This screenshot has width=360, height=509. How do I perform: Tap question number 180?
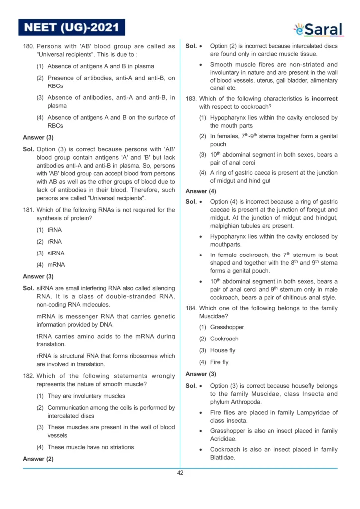(28, 46)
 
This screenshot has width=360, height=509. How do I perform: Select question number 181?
(28, 210)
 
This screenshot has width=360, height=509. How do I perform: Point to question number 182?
(28, 376)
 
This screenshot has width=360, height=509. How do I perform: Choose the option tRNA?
(55, 230)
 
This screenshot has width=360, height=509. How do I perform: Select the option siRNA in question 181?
(56, 253)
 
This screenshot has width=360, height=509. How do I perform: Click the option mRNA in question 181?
(56, 265)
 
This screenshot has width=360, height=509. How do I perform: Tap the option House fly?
(223, 350)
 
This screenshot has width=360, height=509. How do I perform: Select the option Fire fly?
(219, 362)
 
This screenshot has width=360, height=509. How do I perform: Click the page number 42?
(180, 473)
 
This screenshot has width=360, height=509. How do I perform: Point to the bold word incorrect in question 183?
(324, 99)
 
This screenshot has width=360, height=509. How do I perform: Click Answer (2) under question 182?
(38, 459)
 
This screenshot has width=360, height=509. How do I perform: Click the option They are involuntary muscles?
(87, 396)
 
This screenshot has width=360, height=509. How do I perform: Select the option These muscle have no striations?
(90, 447)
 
